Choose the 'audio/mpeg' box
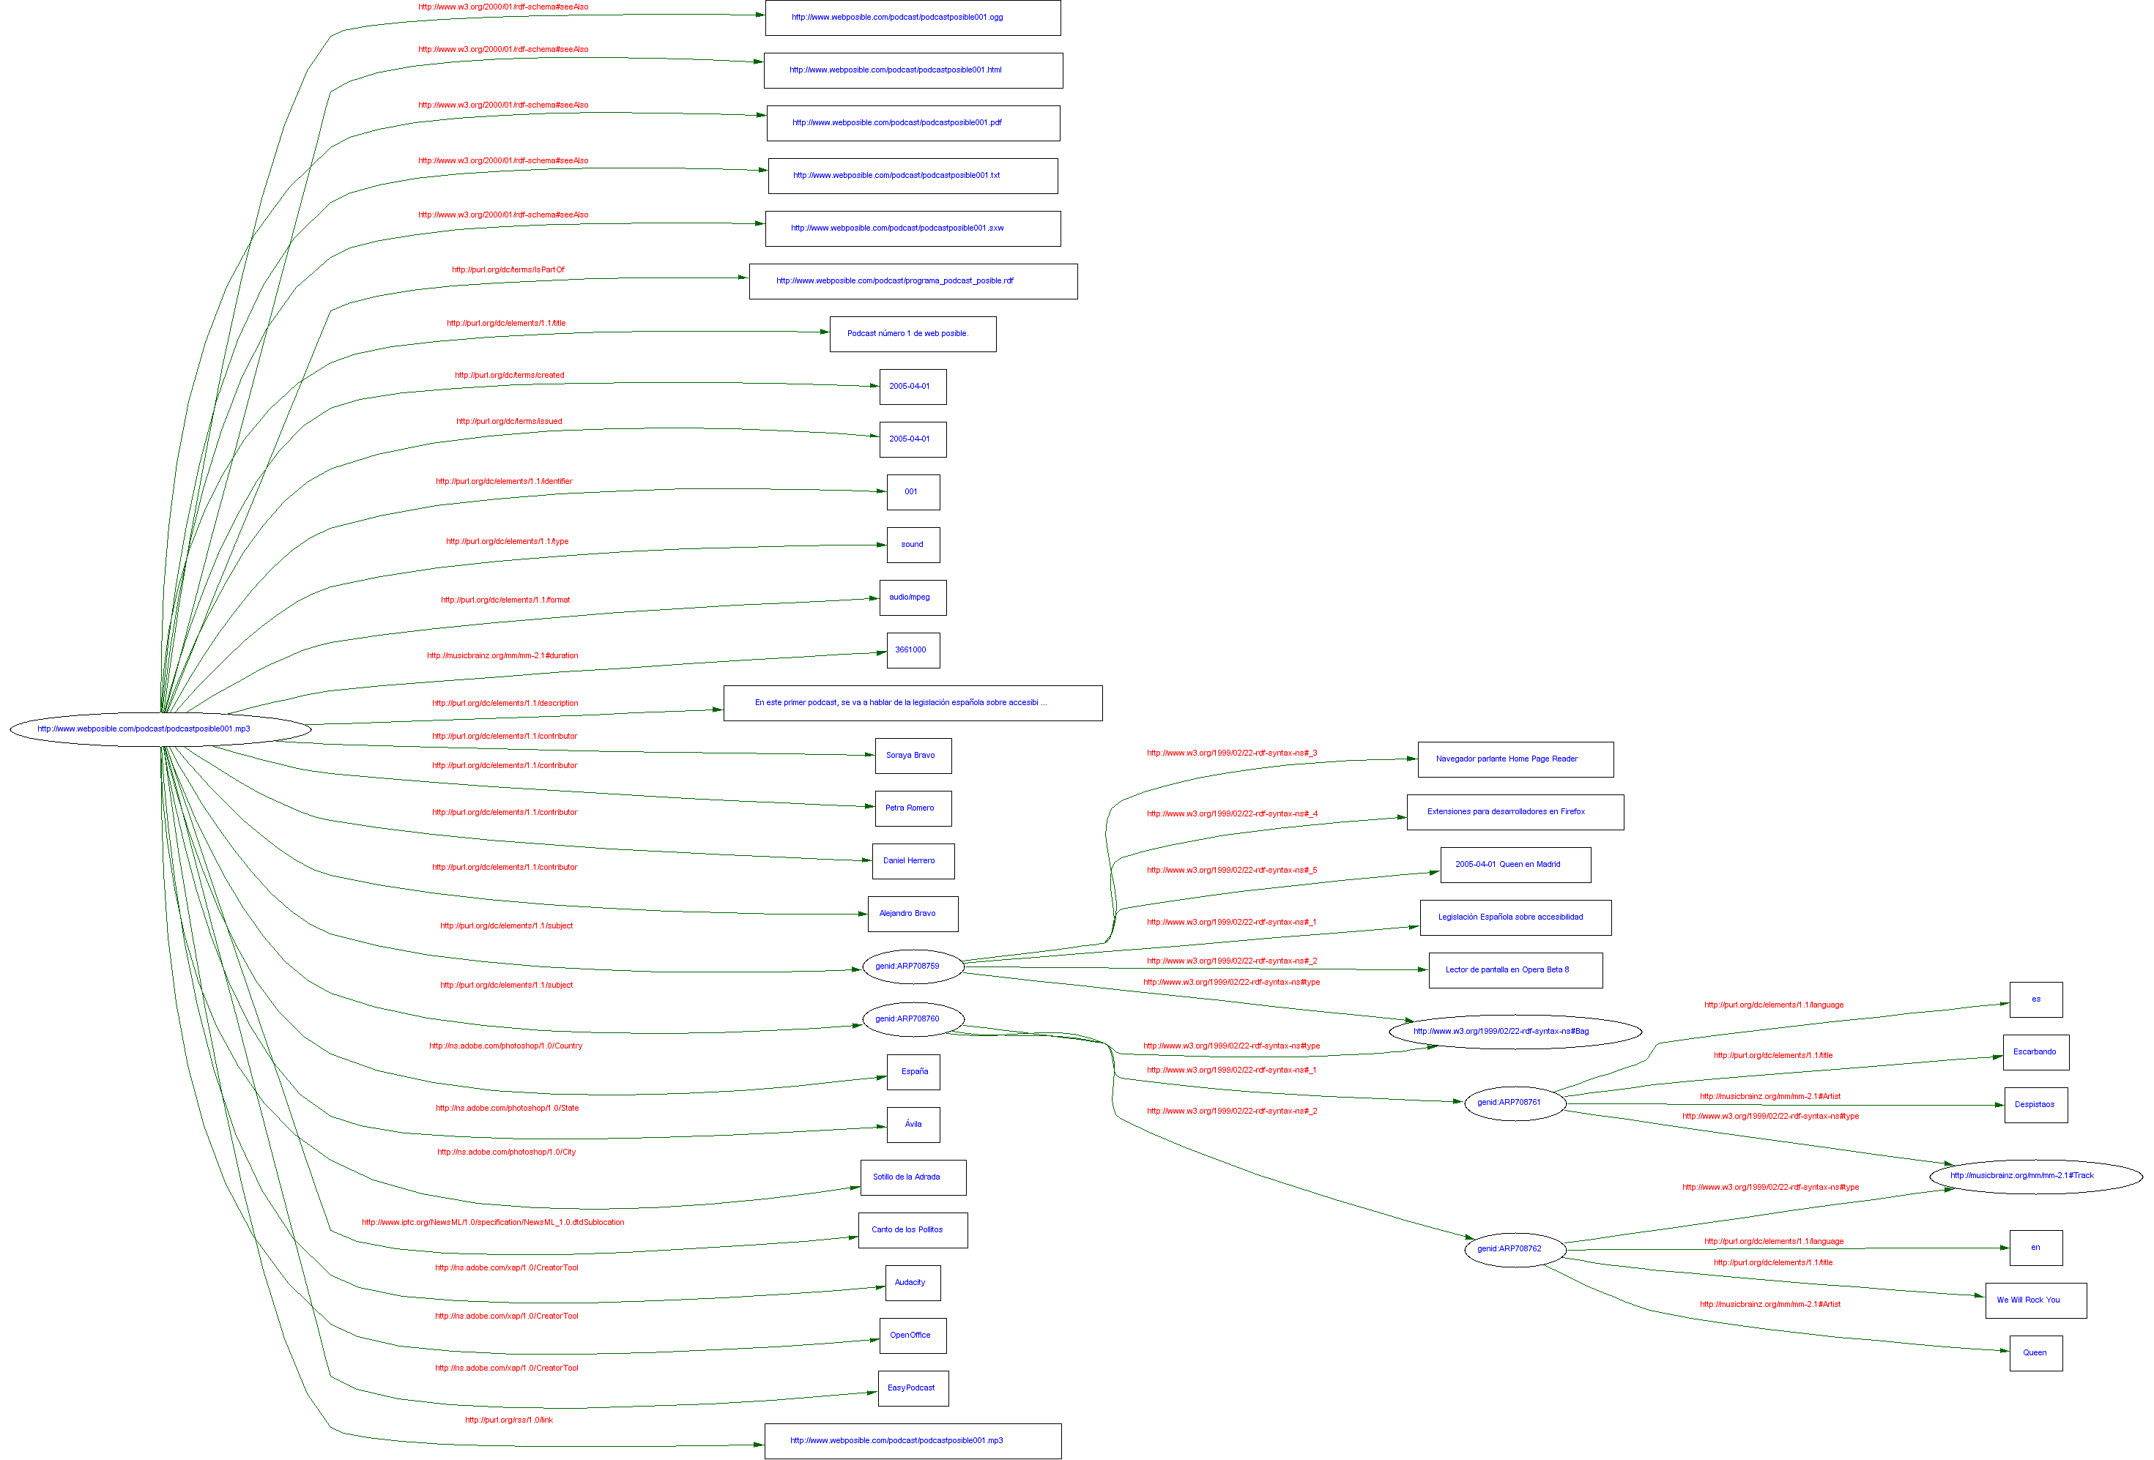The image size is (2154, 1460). [x=912, y=597]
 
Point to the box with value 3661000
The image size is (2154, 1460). [x=912, y=650]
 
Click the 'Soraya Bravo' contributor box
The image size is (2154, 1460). [x=912, y=756]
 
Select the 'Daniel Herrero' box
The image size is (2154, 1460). [x=912, y=862]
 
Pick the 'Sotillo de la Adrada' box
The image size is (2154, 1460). [x=912, y=1177]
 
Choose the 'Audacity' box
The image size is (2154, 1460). [x=912, y=1283]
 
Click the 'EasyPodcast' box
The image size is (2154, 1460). [x=912, y=1389]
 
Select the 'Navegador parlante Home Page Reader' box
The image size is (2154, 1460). [x=1515, y=759]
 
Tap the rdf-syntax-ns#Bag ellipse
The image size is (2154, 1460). [x=1515, y=1031]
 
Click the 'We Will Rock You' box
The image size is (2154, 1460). [x=2035, y=1300]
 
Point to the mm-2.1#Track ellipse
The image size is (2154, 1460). [x=2035, y=1176]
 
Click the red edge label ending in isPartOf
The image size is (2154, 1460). [x=508, y=269]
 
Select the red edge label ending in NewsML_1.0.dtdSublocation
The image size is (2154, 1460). [x=493, y=1222]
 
